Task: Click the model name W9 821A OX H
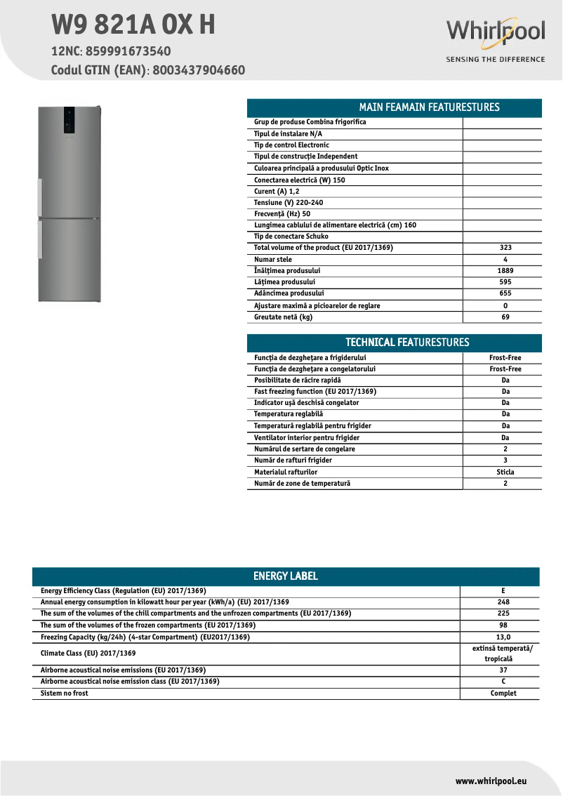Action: (x=133, y=25)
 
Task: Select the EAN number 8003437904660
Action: (x=199, y=70)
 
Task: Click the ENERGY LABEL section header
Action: (x=285, y=576)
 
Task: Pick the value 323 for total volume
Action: (x=505, y=248)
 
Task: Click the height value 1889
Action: (x=505, y=271)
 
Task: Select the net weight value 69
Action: (x=505, y=317)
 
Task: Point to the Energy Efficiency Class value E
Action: (x=503, y=591)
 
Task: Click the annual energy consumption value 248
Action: (x=503, y=602)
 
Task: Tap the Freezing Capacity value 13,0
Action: (x=503, y=637)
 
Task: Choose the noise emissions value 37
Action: (x=503, y=670)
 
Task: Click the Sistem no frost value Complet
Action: (x=503, y=694)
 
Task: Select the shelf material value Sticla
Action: (x=505, y=472)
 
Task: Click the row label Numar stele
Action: (x=273, y=260)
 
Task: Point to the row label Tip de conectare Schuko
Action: (x=291, y=237)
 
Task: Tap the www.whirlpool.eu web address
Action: (x=491, y=781)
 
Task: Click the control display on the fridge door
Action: (x=70, y=121)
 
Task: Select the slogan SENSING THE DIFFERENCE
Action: (x=495, y=60)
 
